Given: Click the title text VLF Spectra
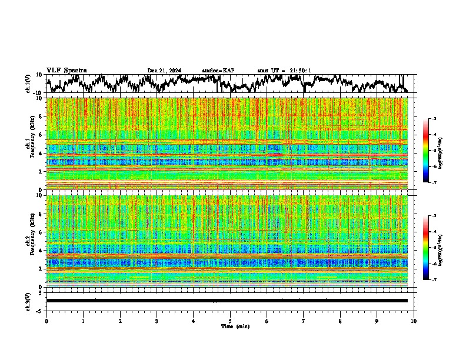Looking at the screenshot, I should pos(66,70).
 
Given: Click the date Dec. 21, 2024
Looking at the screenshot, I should pos(164,71).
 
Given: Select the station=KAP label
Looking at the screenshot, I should pos(218,71).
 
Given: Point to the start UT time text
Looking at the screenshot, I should pos(284,71).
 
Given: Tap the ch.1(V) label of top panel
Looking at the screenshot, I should pos(29,83).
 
